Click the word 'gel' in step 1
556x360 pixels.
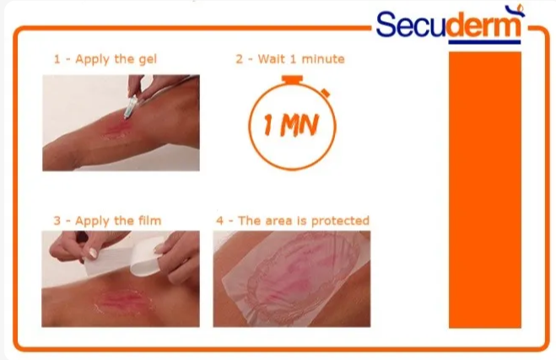(x=148, y=59)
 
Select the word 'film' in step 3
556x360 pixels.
(x=150, y=220)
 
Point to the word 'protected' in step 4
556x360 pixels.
(x=340, y=221)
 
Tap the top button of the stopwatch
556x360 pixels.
(x=292, y=79)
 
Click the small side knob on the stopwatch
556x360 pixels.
(x=326, y=94)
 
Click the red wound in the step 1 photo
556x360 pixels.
(x=116, y=128)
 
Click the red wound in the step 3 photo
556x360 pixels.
(x=122, y=300)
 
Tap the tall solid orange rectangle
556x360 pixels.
(x=485, y=190)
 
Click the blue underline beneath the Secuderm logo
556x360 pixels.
(x=485, y=42)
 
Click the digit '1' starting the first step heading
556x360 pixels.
(x=57, y=59)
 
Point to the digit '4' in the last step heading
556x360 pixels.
(x=220, y=221)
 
